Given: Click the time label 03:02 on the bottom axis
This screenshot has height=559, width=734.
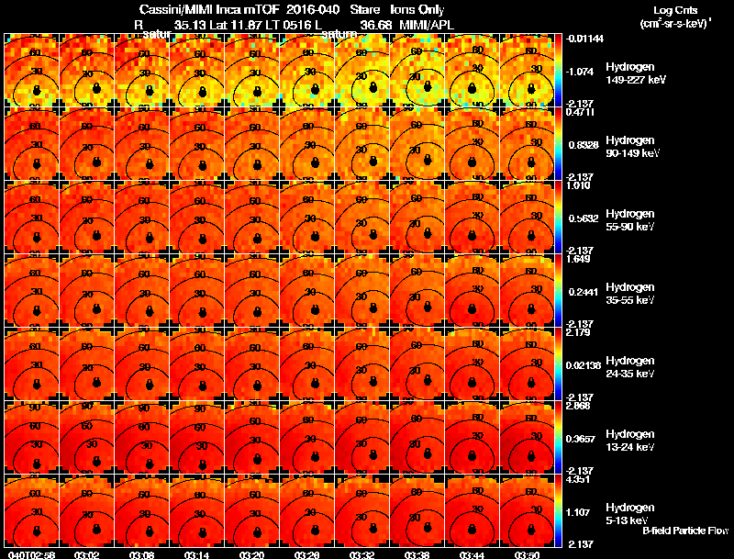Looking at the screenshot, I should click(87, 554).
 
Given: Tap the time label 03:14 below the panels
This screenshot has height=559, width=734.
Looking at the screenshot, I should click(196, 554).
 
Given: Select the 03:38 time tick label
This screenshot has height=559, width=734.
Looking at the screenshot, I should click(417, 554).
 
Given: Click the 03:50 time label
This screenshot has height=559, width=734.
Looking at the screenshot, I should click(527, 554).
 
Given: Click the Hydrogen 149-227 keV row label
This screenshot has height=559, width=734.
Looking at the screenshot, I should click(634, 73).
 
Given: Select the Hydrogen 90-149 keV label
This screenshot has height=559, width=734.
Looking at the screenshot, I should click(632, 147).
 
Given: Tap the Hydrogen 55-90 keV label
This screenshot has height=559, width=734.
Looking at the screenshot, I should click(630, 220).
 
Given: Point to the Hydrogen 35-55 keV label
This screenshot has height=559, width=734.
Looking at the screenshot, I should click(630, 294).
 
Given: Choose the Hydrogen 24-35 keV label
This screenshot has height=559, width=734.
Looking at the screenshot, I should click(630, 367).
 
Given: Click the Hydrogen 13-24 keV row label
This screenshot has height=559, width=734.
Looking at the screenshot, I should click(630, 441).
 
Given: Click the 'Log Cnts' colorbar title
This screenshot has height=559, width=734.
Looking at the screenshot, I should click(674, 9).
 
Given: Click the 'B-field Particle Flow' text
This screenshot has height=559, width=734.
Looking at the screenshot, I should click(684, 531).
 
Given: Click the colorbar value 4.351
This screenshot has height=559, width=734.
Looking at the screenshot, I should click(579, 480).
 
